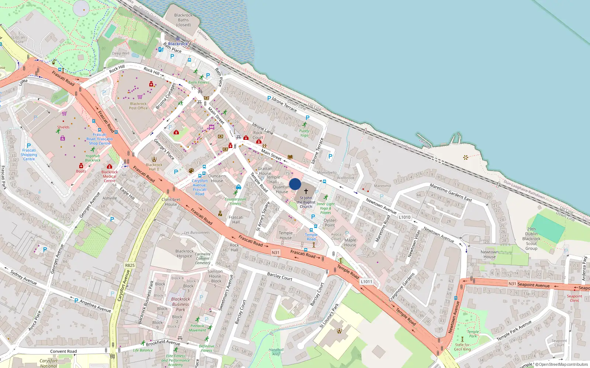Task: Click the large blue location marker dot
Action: [x=295, y=184]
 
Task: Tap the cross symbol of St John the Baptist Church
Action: [x=306, y=191]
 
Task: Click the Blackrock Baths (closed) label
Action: [x=183, y=20]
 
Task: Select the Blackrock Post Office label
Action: [x=138, y=106]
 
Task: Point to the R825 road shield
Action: [x=130, y=265]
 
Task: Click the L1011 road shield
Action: [x=367, y=282]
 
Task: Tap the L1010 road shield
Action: [x=405, y=217]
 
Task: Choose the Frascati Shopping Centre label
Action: [x=29, y=155]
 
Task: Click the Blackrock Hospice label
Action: [x=184, y=254]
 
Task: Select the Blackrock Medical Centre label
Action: [x=110, y=176]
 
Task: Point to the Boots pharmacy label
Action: [x=81, y=171]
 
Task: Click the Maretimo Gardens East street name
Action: [x=451, y=192]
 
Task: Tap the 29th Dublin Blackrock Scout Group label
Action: [x=531, y=238]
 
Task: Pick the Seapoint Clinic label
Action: [x=575, y=298]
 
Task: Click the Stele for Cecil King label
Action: [x=462, y=347]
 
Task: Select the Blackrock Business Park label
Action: [x=180, y=304]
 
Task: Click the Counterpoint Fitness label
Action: [x=236, y=201]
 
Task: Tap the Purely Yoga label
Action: [x=304, y=133]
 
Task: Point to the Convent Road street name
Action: [x=63, y=351]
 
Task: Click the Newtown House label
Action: [x=489, y=254]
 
